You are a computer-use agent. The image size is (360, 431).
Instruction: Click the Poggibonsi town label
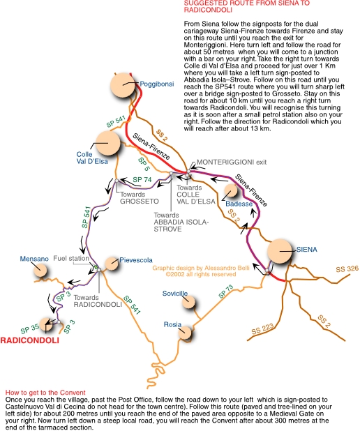157,84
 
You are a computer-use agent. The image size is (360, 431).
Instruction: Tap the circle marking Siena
280,251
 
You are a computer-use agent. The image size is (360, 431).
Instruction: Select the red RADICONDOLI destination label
30,340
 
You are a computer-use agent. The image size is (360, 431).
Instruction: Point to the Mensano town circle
40,271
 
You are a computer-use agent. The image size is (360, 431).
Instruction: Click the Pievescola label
136,260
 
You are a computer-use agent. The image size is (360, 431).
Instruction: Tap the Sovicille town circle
189,303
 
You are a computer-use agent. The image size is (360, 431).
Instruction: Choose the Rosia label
172,324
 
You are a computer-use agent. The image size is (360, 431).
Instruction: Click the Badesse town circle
231,190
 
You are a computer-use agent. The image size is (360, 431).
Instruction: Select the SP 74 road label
142,180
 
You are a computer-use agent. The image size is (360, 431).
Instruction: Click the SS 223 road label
263,329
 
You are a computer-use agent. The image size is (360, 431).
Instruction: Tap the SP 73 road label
226,292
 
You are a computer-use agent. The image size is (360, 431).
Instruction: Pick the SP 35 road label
30,328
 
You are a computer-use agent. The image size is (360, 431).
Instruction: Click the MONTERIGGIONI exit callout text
232,162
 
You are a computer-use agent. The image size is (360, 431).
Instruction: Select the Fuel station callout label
71,258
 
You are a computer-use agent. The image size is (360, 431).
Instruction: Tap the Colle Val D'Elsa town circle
108,143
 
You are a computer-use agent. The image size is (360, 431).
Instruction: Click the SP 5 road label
144,164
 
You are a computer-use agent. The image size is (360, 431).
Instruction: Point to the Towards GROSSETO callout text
140,198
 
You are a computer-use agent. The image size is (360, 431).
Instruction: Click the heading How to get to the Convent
45,393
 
